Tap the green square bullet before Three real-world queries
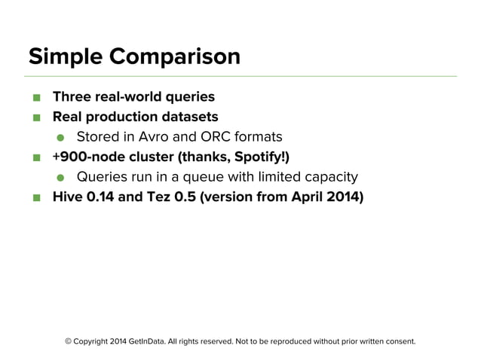tap(35, 97)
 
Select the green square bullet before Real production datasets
tap(35, 117)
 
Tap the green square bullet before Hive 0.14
tap(35, 199)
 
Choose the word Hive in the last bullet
tap(67, 198)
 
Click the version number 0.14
tap(102, 198)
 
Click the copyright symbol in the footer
tap(69, 341)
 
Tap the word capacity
tap(329, 178)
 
